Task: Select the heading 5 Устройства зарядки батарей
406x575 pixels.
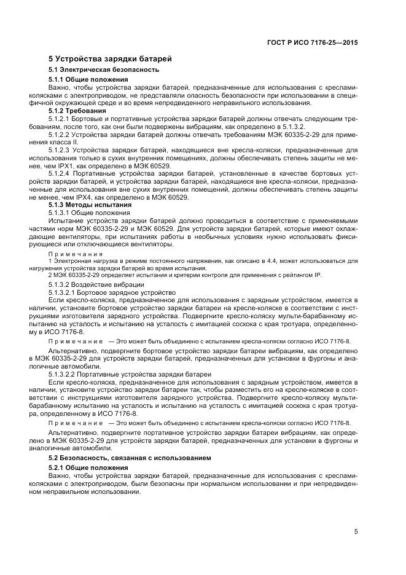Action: point(110,59)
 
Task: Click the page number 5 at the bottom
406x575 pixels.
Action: point(356,533)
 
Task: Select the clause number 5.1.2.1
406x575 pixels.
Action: point(60,119)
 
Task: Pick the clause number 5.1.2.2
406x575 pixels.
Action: point(60,134)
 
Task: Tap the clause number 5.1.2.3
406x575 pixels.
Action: point(60,149)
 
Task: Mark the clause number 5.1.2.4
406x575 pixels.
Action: point(60,173)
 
